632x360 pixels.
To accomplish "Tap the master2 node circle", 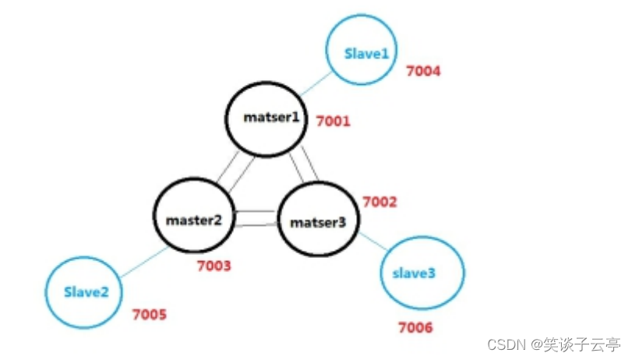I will [x=194, y=219].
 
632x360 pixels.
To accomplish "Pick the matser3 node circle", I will [x=318, y=221].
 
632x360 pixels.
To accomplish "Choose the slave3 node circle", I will [x=422, y=274].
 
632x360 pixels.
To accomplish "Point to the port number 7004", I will [x=423, y=72].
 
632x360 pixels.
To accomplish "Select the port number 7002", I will [x=380, y=202].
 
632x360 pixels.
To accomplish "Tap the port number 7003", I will [x=214, y=266].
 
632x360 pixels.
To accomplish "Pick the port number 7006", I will [x=415, y=327].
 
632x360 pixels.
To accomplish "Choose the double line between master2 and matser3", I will [x=256, y=218].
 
